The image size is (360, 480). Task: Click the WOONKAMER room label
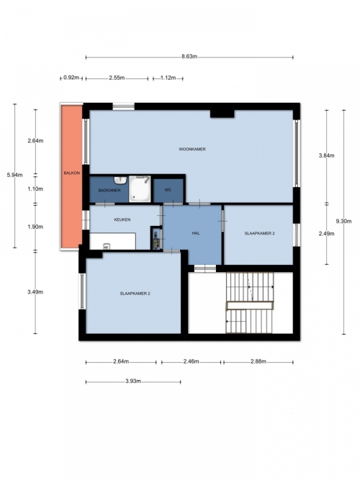(192, 149)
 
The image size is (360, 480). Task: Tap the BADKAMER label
(109, 190)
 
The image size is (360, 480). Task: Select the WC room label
(168, 190)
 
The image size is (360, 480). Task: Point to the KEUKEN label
(122, 219)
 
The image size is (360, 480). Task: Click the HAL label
(196, 233)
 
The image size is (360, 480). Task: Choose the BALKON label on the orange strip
(72, 173)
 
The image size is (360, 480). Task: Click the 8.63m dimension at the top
(189, 56)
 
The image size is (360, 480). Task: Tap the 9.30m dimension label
(343, 221)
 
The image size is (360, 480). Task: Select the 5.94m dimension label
(14, 175)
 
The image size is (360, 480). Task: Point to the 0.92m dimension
(71, 78)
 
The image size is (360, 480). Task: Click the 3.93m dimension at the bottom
(133, 381)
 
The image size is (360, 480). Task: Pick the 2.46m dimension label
(192, 361)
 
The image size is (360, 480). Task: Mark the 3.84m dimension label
(327, 155)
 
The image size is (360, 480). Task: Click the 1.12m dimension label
(168, 78)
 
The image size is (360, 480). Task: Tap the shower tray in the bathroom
(140, 189)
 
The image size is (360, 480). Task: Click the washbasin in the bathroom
(121, 181)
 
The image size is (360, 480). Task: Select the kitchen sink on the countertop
(107, 246)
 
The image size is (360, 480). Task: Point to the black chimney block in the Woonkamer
(222, 114)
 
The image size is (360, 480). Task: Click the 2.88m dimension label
(258, 361)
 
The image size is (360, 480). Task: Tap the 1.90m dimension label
(35, 227)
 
